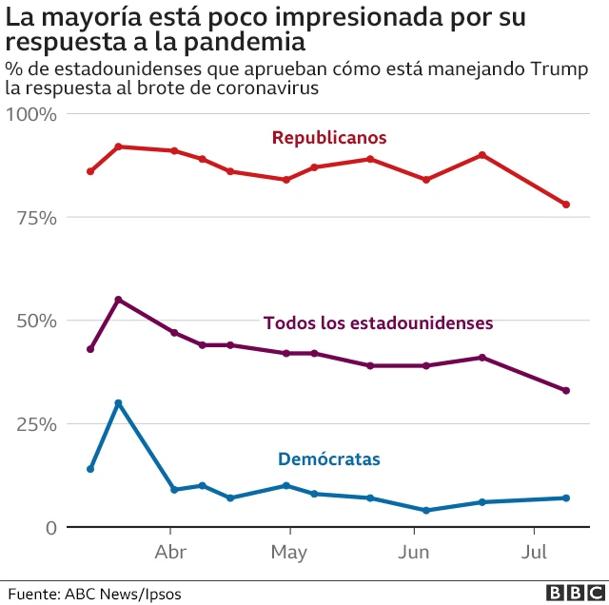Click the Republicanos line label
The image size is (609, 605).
[x=329, y=138]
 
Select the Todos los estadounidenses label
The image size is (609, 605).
[x=378, y=322]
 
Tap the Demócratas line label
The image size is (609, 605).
[x=328, y=459]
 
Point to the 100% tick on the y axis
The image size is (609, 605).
[x=32, y=114]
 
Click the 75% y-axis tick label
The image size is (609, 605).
[x=37, y=218]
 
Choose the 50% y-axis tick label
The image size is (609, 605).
[x=37, y=321]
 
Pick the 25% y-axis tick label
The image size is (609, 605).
[x=37, y=424]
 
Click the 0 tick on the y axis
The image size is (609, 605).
[x=51, y=528]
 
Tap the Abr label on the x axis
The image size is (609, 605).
[x=170, y=553]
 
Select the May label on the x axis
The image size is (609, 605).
[x=288, y=553]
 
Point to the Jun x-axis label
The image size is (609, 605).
[x=413, y=553]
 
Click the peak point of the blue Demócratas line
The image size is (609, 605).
[x=118, y=403]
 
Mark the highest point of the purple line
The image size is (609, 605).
[x=118, y=300]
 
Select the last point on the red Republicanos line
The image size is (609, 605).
[x=566, y=205]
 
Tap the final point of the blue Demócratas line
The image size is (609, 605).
[x=566, y=498]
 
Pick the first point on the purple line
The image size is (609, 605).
[x=90, y=349]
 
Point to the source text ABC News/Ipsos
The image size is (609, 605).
[x=122, y=593]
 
